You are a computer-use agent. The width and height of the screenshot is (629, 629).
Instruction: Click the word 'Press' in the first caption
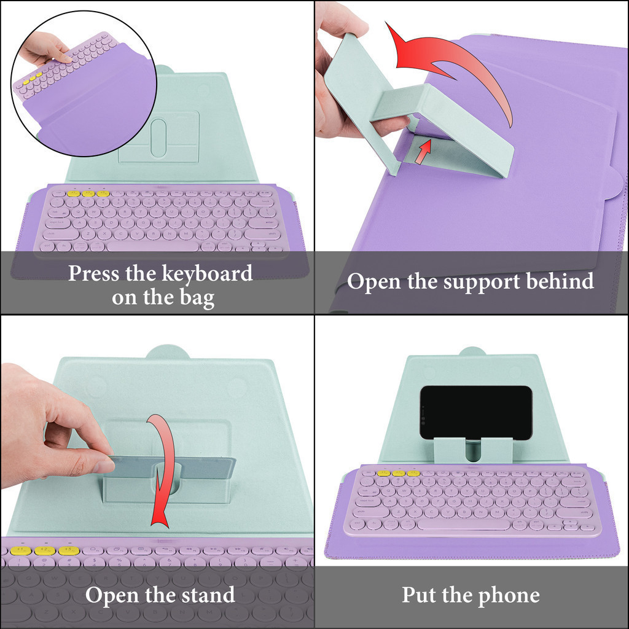coord(94,273)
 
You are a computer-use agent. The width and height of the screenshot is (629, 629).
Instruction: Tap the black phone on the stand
coord(476,412)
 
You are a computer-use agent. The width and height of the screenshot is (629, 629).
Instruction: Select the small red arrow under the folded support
coord(423,151)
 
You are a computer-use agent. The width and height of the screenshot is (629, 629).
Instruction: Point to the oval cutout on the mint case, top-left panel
coord(158,138)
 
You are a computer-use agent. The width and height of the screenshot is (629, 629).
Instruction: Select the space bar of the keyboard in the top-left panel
coord(152,245)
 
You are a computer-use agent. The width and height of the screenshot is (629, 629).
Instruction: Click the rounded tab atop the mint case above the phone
coord(472,351)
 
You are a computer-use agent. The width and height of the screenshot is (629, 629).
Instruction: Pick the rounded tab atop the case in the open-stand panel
coord(167,352)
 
